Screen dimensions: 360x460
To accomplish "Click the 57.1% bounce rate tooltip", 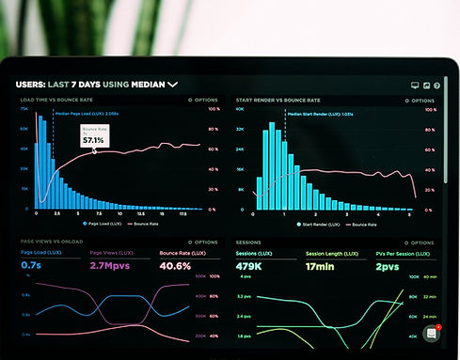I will [x=93, y=135].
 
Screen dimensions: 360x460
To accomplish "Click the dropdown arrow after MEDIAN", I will [x=172, y=85].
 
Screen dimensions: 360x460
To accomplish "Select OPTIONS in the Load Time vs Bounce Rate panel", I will [x=204, y=99].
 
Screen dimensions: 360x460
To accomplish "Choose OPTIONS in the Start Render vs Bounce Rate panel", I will [x=418, y=99].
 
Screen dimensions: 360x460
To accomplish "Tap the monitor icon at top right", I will [x=415, y=86].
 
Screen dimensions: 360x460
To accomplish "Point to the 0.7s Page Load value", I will [x=31, y=266].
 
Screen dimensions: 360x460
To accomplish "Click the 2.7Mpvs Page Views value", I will [x=111, y=266].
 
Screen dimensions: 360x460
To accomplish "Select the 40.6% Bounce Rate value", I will [x=176, y=266].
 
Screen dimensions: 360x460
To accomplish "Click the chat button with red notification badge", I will [x=433, y=334].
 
